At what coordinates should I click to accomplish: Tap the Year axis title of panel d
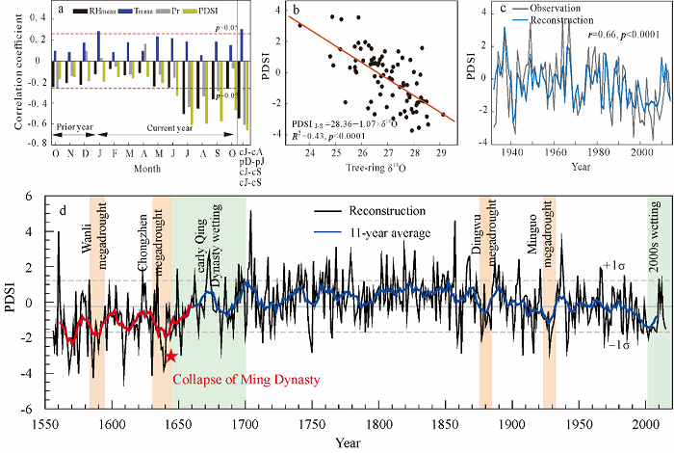pyautogui.click(x=342, y=442)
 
